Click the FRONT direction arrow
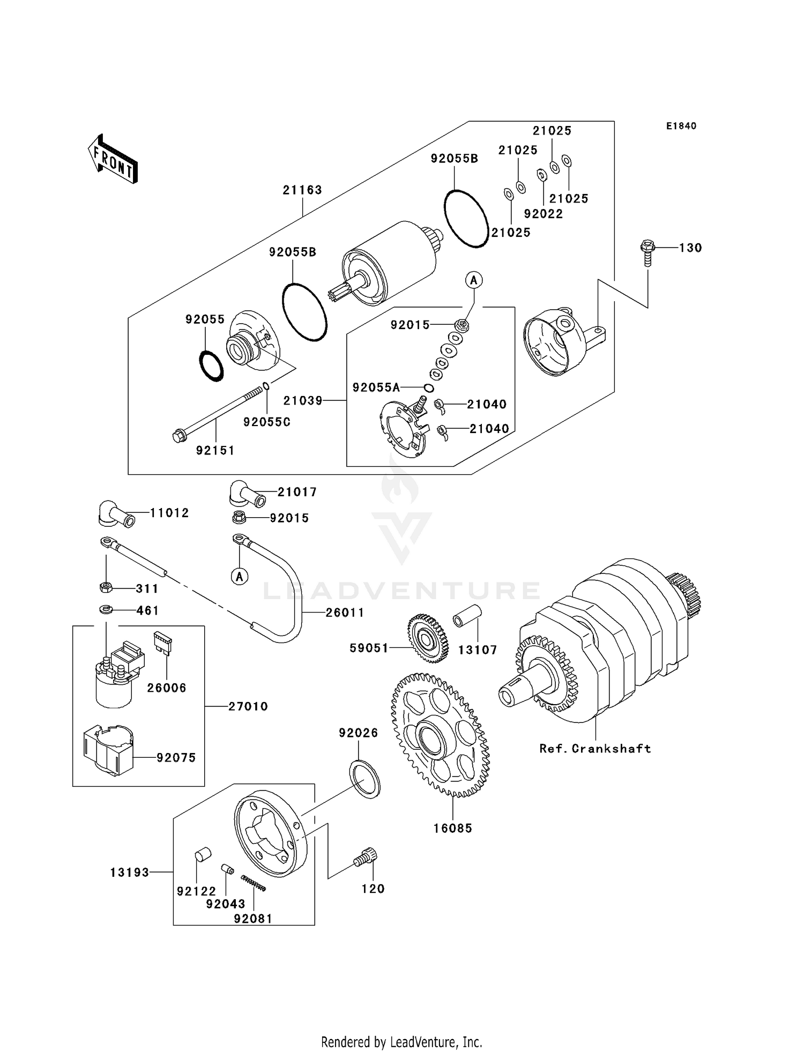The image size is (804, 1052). coord(113,159)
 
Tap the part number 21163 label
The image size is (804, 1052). coord(302,190)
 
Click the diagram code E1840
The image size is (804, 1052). coord(681,126)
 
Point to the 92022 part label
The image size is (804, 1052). coord(544,214)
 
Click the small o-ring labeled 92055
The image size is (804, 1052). coord(211,365)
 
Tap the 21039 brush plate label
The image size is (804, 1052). coord(303,400)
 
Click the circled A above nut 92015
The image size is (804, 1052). coord(474,280)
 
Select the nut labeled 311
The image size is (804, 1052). coord(106,587)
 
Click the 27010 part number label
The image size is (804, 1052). coord(248,706)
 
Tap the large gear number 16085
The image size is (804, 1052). coord(452,828)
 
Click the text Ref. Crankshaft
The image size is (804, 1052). coord(595,749)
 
